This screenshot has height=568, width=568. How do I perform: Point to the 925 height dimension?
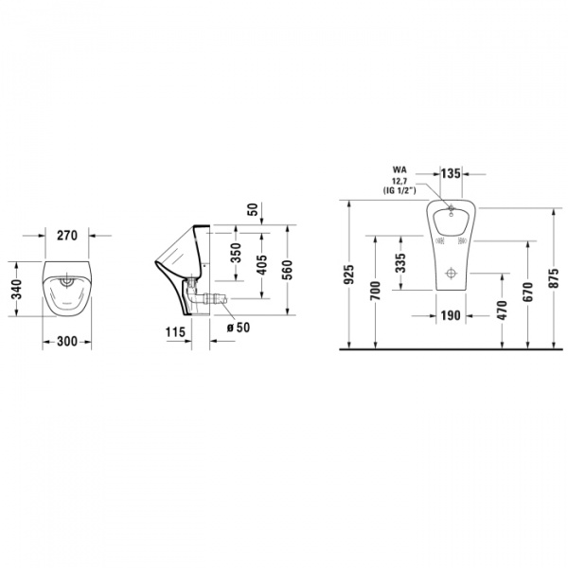(x=349, y=275)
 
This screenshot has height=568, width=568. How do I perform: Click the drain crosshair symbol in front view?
(x=453, y=275)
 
